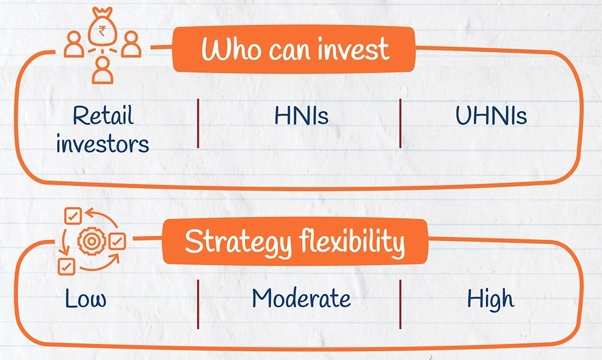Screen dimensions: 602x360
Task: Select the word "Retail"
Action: click(103, 115)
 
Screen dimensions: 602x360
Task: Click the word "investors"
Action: click(102, 144)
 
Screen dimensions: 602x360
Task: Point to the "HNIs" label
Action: click(302, 115)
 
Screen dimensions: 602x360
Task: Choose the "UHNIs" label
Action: click(491, 115)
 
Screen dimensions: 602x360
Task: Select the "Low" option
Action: click(85, 299)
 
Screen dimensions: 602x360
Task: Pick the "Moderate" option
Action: click(302, 298)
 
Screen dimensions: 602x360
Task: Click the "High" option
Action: click(490, 299)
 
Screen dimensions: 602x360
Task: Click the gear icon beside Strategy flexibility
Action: click(92, 241)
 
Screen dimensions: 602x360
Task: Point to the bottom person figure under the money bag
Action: click(102, 70)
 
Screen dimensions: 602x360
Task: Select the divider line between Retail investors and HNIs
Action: click(198, 123)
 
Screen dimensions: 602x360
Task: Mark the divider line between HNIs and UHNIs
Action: click(400, 123)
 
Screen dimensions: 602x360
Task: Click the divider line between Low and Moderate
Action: click(198, 305)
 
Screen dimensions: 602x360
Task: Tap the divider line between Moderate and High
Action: click(400, 305)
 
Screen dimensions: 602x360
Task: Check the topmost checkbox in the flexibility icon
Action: click(73, 216)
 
